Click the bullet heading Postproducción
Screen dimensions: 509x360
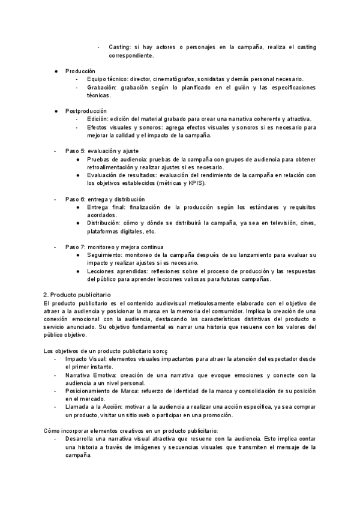tap(86, 111)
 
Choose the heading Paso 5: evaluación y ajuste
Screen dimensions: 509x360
tap(101, 151)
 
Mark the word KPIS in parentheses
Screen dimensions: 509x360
tap(193, 183)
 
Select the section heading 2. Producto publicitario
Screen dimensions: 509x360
tap(77, 295)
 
